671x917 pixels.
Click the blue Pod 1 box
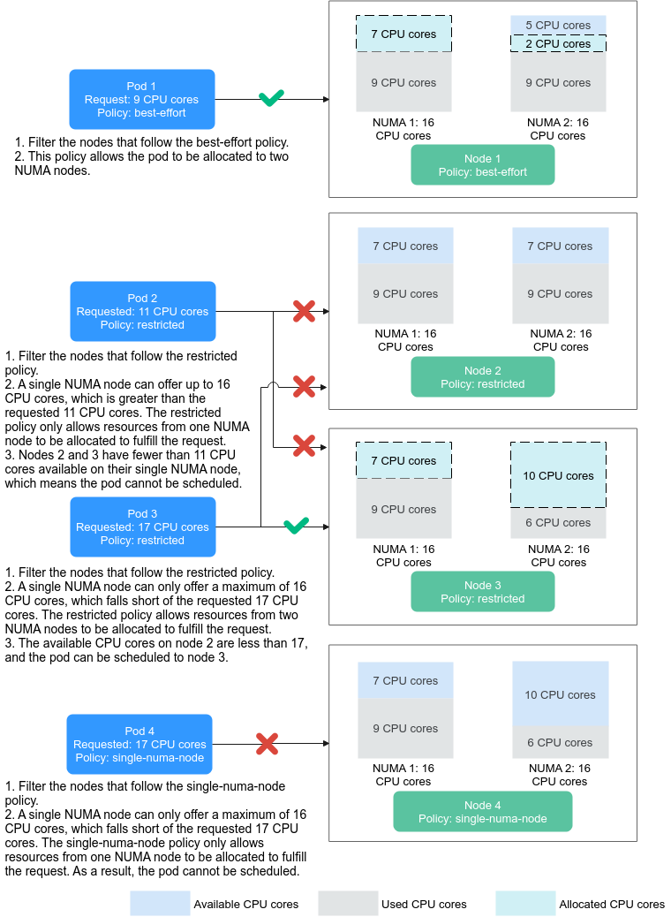pyautogui.click(x=142, y=100)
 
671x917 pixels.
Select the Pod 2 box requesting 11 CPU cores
pyautogui.click(x=142, y=311)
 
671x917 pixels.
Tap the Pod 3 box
pyautogui.click(x=142, y=527)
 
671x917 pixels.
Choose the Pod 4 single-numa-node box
pyautogui.click(x=139, y=744)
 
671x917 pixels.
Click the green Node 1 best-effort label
pyautogui.click(x=482, y=165)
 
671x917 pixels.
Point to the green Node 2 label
pyautogui.click(x=482, y=377)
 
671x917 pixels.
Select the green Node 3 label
pyautogui.click(x=482, y=592)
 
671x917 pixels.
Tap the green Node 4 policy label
pyautogui.click(x=482, y=812)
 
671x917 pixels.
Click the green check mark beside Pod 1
pyautogui.click(x=271, y=98)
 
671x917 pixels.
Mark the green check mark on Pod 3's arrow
pyautogui.click(x=296, y=526)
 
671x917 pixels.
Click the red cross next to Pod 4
pyautogui.click(x=268, y=744)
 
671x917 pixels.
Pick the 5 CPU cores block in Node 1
pyautogui.click(x=558, y=25)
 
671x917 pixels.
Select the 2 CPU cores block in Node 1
pyautogui.click(x=558, y=43)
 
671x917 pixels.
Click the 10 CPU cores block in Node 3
pyautogui.click(x=558, y=475)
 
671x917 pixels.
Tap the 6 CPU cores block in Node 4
pyautogui.click(x=560, y=742)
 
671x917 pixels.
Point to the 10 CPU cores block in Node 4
pyautogui.click(x=560, y=693)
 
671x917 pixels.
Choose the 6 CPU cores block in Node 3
pyautogui.click(x=558, y=523)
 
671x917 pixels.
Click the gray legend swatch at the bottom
pyautogui.click(x=348, y=903)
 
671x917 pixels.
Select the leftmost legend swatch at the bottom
pyautogui.click(x=160, y=903)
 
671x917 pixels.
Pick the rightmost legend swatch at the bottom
pyautogui.click(x=525, y=903)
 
